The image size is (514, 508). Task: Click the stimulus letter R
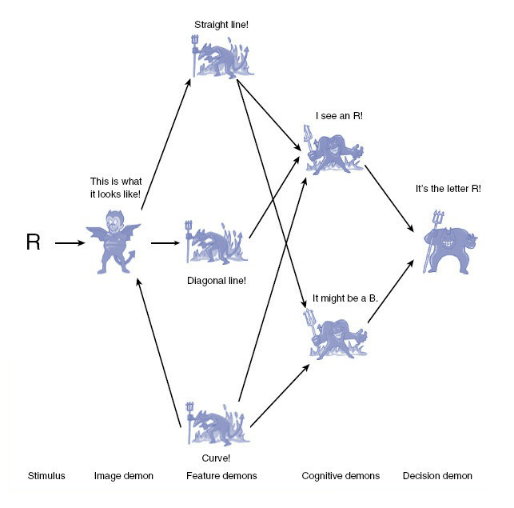coord(33,242)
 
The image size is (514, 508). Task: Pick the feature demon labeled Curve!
coord(217,423)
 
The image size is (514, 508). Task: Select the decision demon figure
coord(448,243)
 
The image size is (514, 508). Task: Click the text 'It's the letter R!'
coord(448,189)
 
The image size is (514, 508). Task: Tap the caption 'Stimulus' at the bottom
coord(46,476)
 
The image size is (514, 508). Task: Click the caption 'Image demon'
coord(124,476)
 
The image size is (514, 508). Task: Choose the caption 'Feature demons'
coord(221,476)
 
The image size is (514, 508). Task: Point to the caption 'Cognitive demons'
coord(341,476)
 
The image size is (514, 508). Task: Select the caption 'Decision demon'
coord(437,476)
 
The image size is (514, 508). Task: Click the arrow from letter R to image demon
coord(69,242)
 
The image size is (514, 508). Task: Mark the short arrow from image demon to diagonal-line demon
coord(165,242)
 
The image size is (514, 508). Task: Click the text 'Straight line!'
coord(221,25)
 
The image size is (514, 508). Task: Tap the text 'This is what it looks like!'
coord(116,188)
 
